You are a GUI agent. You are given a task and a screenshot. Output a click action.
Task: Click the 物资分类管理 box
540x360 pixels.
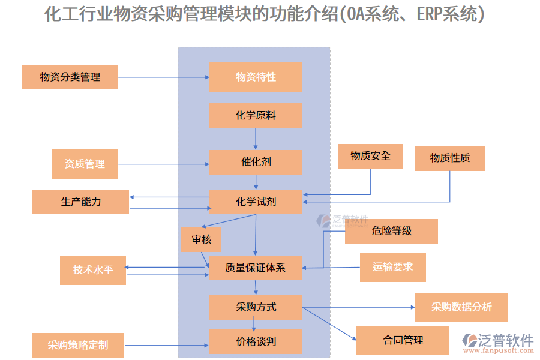tap(70, 77)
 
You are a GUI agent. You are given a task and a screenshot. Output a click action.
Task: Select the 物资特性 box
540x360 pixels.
tap(256, 77)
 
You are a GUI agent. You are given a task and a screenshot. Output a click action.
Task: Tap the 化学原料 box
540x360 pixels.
tap(256, 115)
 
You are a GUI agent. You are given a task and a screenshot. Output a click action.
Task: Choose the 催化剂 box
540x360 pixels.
tap(256, 162)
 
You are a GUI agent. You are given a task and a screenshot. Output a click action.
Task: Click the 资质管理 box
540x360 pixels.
tap(85, 164)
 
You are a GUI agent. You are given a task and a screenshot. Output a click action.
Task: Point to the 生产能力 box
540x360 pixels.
tap(80, 202)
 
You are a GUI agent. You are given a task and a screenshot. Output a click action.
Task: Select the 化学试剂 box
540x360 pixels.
tap(256, 202)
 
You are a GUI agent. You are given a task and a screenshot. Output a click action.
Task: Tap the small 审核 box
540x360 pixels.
tap(201, 239)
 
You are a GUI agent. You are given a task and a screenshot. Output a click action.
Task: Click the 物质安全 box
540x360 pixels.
tap(370, 156)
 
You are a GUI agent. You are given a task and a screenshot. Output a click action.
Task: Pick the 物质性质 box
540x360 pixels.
tap(449, 158)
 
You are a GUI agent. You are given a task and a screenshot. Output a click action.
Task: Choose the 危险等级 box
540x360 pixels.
tap(391, 231)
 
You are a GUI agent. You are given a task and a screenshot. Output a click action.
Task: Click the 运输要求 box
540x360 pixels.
tap(392, 267)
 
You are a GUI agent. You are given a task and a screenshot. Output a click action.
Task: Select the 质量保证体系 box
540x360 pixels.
tap(256, 268)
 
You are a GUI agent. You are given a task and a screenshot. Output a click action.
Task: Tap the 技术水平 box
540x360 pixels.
tap(93, 270)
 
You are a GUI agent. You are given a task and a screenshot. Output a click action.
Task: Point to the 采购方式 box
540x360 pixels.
tap(256, 307)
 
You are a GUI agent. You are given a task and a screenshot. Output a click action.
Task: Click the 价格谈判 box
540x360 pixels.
tap(256, 342)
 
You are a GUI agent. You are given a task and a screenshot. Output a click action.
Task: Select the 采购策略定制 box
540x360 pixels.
tap(78, 345)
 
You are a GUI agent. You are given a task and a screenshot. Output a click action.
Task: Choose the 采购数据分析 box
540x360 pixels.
tap(461, 307)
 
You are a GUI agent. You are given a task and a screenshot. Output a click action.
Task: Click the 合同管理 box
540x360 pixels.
tap(403, 340)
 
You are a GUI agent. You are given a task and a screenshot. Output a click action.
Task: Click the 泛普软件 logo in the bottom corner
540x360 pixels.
tap(497, 343)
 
